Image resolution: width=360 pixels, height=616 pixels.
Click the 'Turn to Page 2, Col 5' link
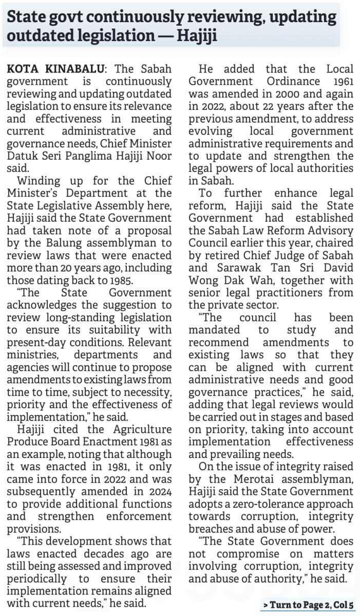pos(308,605)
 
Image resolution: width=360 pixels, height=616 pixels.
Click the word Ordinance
pos(280,81)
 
